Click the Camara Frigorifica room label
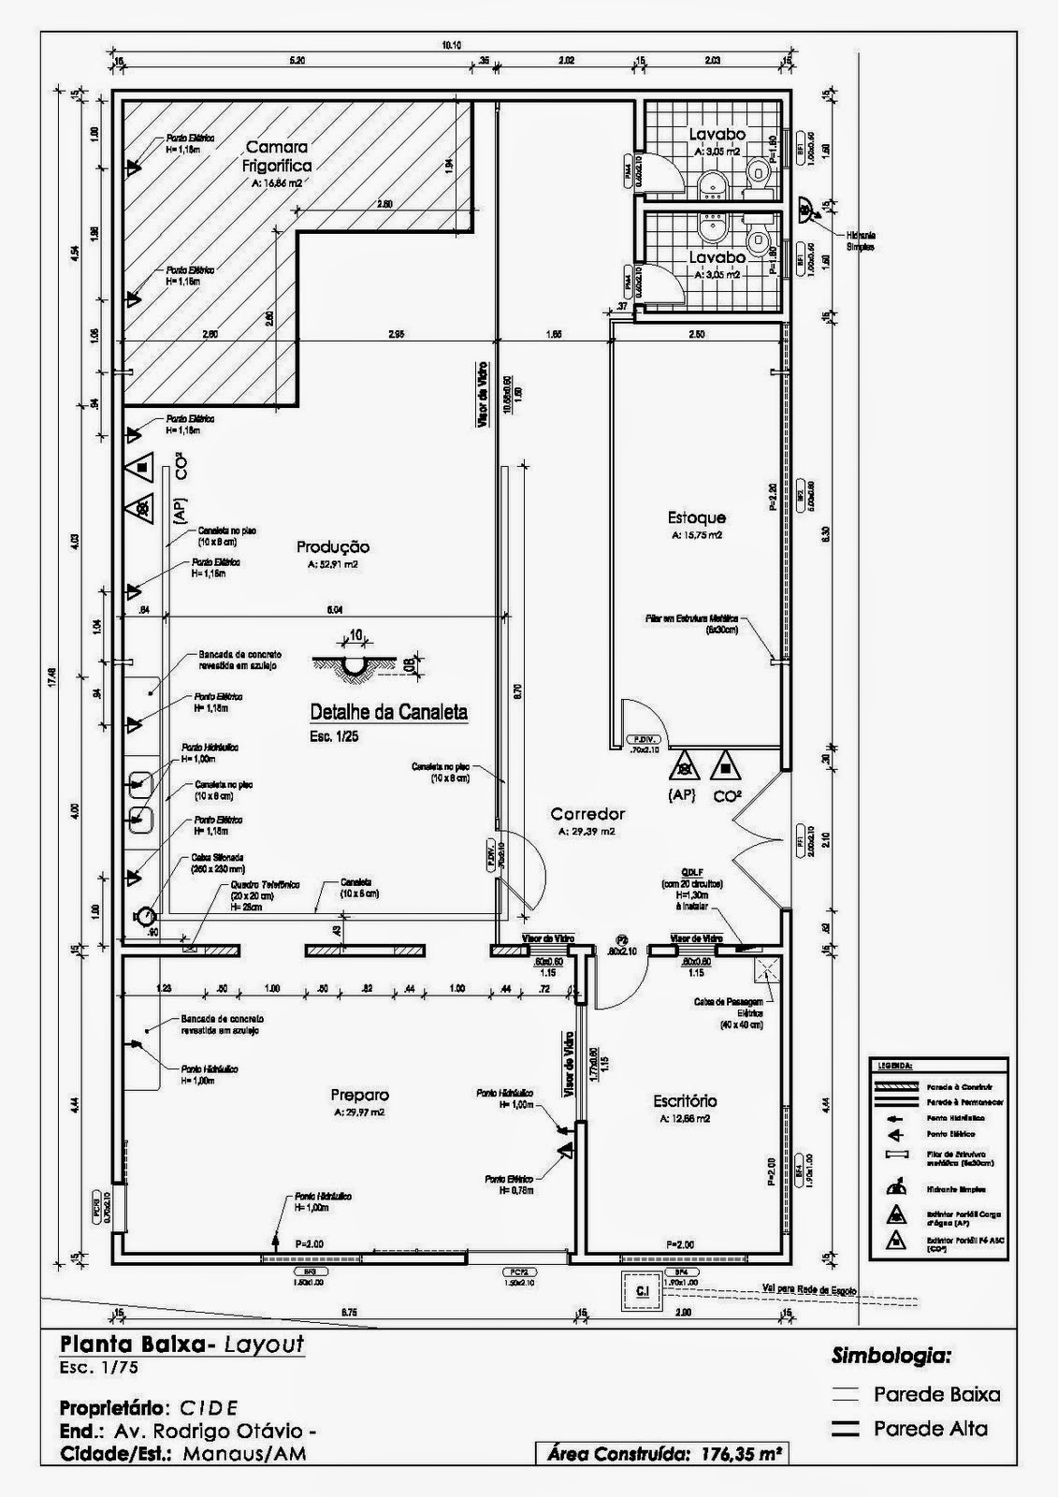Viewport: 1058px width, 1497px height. pos(279,156)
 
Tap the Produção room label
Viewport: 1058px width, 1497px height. pos(333,547)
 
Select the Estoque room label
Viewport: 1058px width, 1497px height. pos(696,517)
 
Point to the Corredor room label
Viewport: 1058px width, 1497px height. pos(587,814)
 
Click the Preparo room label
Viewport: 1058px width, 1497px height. pos(359,1095)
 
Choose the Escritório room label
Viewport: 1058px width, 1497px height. pos(685,1101)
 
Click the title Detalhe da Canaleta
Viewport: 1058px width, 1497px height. pos(388,712)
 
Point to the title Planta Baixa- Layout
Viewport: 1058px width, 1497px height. pos(181,1344)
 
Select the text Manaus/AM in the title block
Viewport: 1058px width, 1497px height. pos(244,1454)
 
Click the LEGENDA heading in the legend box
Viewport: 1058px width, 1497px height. pos(894,1065)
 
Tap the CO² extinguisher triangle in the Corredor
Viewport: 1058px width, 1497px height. pos(722,768)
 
